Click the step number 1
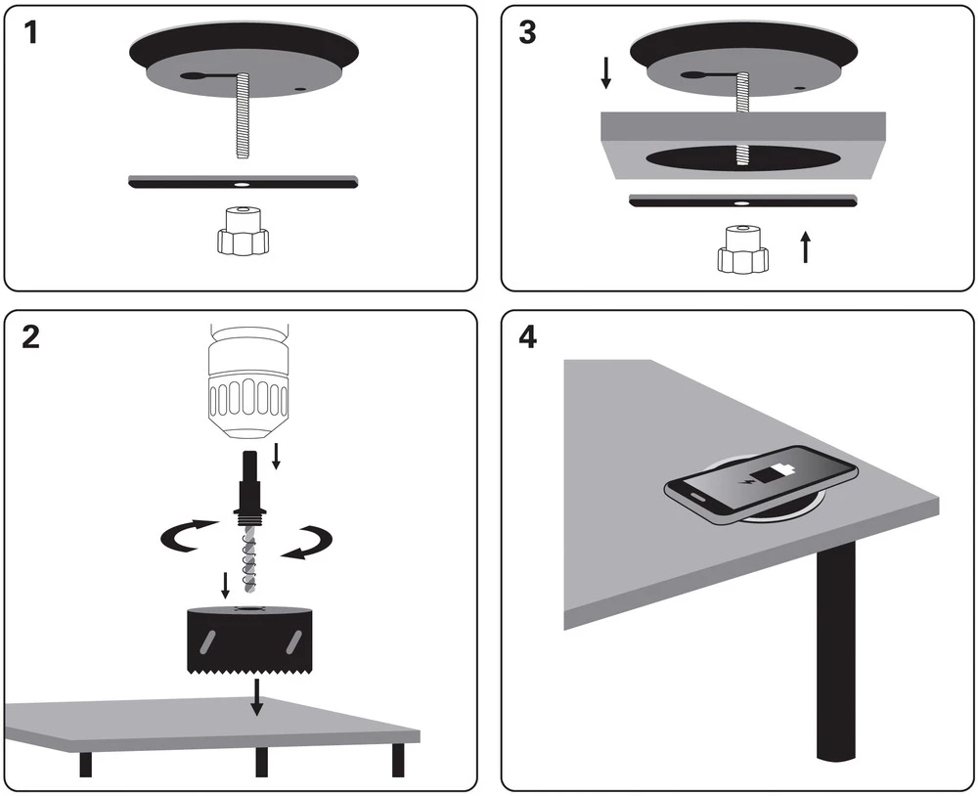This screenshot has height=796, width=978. pos(33,33)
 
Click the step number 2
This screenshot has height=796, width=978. pos(33,337)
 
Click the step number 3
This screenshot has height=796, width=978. pos(528,33)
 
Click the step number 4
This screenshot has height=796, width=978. pos(528,337)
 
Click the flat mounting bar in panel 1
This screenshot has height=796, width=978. pos(244,183)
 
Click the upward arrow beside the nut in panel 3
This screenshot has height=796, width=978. pos(805,246)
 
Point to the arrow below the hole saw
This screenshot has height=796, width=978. pos(256,696)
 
